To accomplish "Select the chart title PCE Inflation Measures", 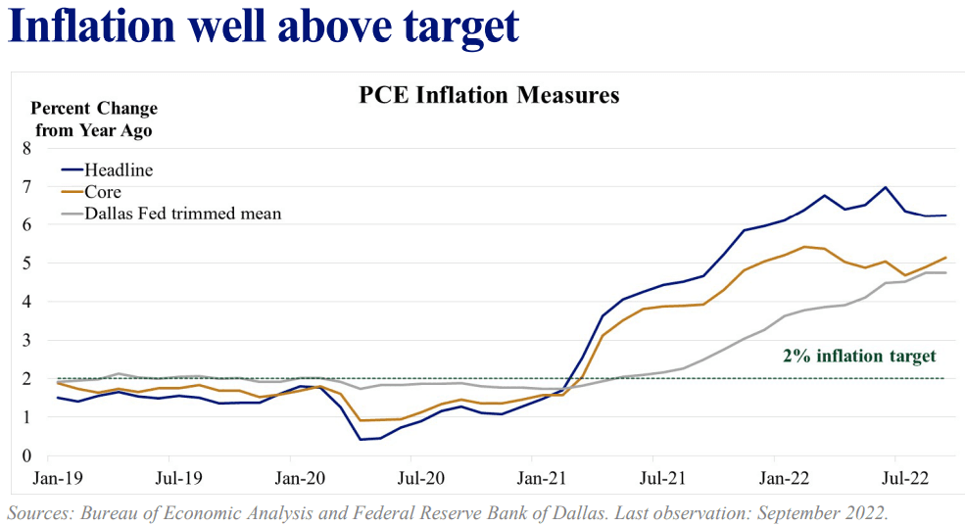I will pyautogui.click(x=489, y=95).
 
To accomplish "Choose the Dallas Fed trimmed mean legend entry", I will pyautogui.click(x=182, y=213).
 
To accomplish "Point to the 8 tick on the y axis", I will pyautogui.click(x=26, y=148).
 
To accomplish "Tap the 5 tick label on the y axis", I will pyautogui.click(x=26, y=263).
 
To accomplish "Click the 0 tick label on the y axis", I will pyautogui.click(x=26, y=455).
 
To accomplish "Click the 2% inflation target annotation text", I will pyautogui.click(x=859, y=357).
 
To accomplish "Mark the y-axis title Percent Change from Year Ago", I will pyautogui.click(x=94, y=119).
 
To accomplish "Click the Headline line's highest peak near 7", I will pyautogui.click(x=886, y=187).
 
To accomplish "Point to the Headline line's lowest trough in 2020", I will pyautogui.click(x=361, y=439).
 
